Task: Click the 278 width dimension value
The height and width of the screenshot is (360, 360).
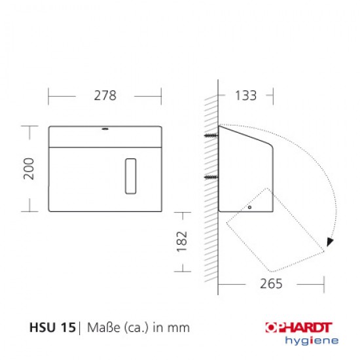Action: click(105, 96)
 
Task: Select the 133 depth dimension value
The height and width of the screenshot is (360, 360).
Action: click(245, 96)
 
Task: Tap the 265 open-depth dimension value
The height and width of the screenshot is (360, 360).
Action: click(271, 284)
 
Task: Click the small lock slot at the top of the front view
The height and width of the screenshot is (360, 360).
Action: click(105, 128)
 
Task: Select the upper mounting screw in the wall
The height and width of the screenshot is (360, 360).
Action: click(211, 135)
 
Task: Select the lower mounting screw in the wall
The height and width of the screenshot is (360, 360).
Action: click(211, 177)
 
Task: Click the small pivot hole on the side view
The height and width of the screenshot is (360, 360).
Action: click(249, 207)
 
